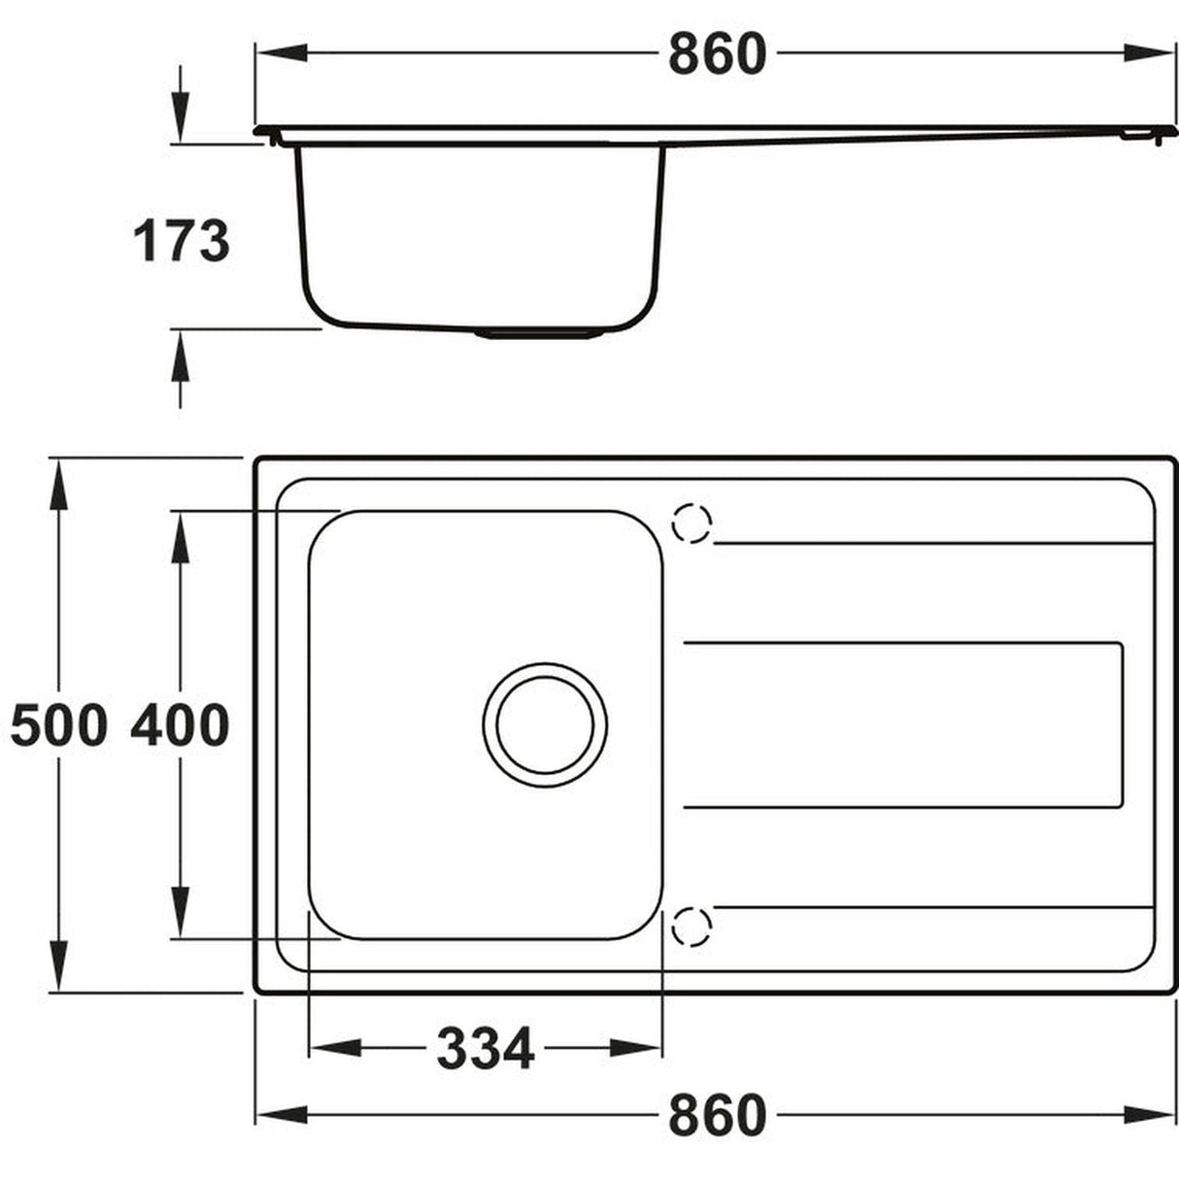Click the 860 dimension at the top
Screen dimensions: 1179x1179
[717, 54]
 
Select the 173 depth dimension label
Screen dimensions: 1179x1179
[181, 241]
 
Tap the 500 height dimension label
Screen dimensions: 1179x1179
[58, 725]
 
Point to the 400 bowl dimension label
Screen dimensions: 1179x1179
[181, 725]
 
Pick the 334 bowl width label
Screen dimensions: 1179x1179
[485, 1048]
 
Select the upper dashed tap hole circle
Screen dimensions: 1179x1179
[692, 523]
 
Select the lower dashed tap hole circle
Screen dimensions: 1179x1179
[692, 926]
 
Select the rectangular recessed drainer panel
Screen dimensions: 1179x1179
[903, 724]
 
